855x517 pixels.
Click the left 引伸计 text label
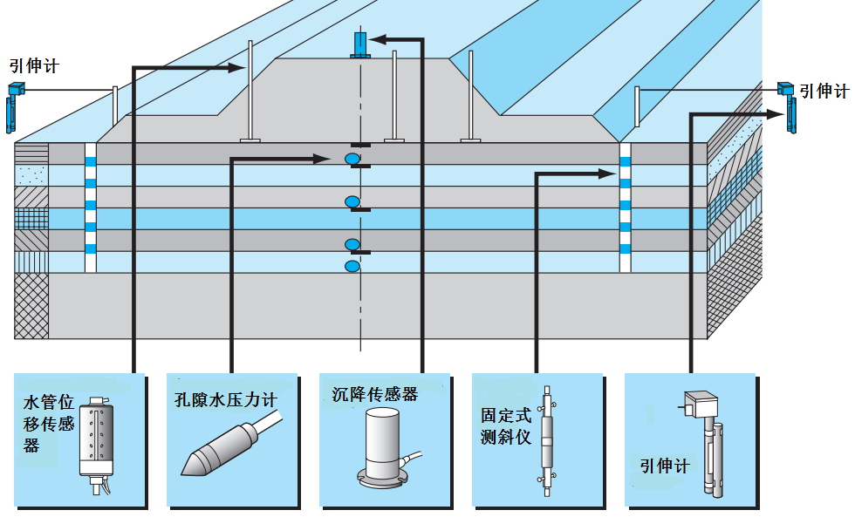pos(34,65)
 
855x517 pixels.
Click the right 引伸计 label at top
pos(824,92)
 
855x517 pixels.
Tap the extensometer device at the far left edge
pos(12,105)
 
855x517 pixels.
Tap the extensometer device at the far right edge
pos(790,106)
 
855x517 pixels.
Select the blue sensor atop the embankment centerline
pos(359,44)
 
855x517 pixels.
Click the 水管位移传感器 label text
pos(49,424)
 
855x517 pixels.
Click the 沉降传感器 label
pos(375,394)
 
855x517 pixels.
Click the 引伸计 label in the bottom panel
pos(665,466)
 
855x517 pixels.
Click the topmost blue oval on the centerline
pos(352,159)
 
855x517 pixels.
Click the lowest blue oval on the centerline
pos(352,266)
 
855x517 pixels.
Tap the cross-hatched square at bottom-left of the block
pos(31,305)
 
